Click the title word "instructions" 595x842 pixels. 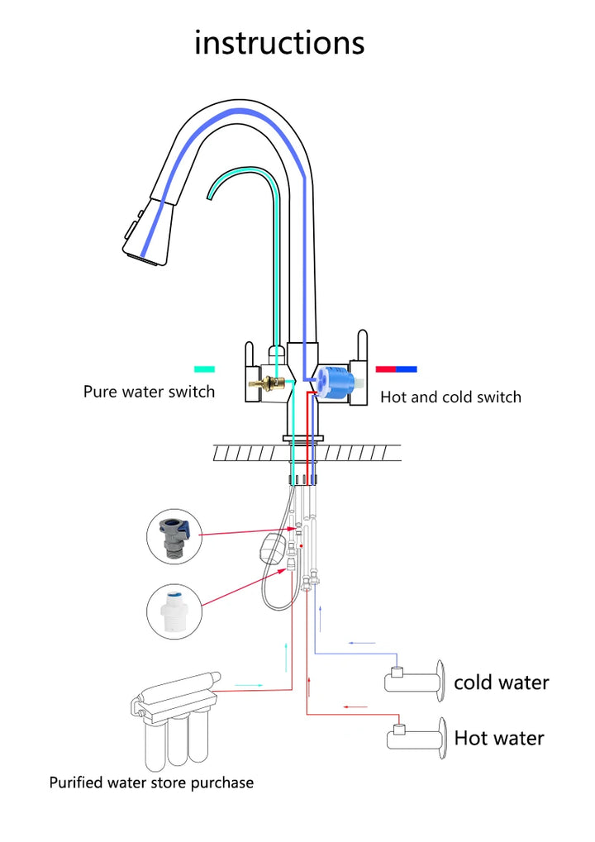coord(279,42)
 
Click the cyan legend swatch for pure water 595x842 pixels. coord(204,369)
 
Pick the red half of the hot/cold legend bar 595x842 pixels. coord(386,369)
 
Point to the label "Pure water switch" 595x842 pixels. coord(149,392)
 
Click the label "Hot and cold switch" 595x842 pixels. coord(450,397)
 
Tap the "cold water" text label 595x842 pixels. coord(501,683)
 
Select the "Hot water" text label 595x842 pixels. coord(499,739)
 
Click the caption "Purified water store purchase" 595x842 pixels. coord(151,783)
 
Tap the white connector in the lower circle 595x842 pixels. coord(174,611)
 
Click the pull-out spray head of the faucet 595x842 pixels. coord(148,233)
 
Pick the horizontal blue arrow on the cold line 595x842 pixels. coord(362,643)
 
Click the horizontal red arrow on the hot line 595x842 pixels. coord(355,706)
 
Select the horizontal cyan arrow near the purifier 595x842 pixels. coord(249,686)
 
